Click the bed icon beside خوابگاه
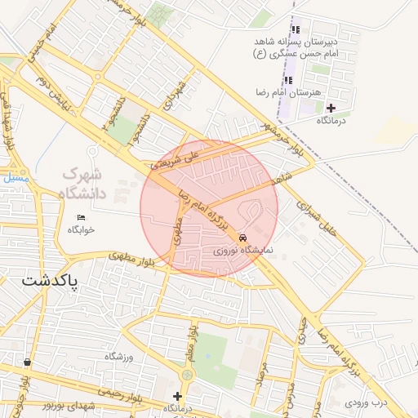point(80,217)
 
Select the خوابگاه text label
point(76,229)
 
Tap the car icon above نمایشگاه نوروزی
point(242,238)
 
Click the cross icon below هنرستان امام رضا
point(331,108)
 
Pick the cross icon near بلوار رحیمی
point(177,396)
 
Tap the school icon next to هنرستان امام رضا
point(288,80)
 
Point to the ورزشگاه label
point(118,357)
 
